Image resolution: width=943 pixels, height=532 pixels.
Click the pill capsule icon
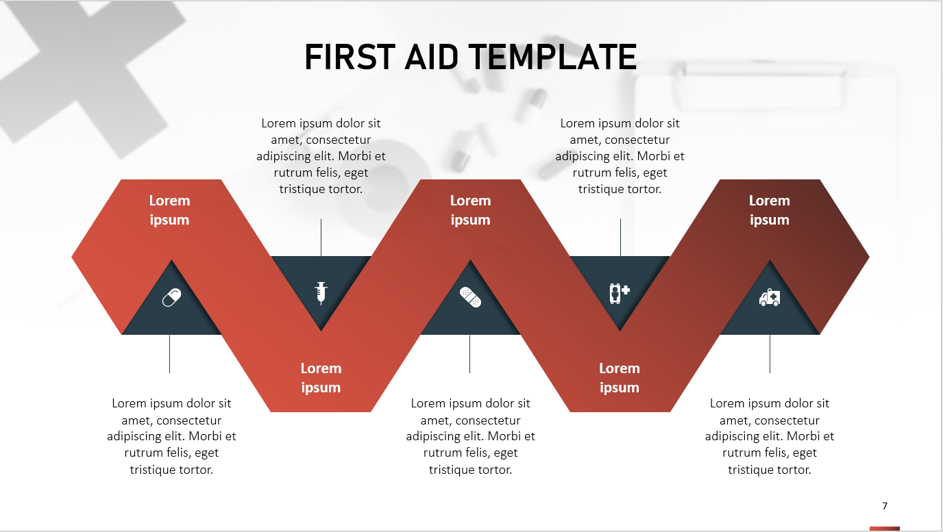coord(171,297)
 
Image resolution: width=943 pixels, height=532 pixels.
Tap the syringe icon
coord(320,292)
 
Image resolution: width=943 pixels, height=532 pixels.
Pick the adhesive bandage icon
coord(470,297)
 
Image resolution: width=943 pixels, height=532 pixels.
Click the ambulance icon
coord(770,297)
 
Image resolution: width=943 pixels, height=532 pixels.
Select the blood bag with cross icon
coord(619,292)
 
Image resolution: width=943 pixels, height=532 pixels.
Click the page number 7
coord(885,506)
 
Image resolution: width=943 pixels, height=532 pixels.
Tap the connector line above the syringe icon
coord(321,237)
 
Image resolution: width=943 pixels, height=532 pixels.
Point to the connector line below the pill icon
coord(169,353)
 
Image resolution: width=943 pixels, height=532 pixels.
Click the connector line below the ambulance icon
coord(770,353)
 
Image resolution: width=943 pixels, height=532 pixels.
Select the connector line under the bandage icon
coord(469,353)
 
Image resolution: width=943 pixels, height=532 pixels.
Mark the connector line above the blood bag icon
coord(620,237)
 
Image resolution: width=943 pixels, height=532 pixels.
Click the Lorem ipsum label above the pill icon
coord(169,210)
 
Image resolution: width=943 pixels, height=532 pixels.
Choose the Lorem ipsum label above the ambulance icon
coord(769,210)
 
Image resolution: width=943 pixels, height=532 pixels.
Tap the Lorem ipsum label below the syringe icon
coord(321,378)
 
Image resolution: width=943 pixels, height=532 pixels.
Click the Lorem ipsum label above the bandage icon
coord(470,210)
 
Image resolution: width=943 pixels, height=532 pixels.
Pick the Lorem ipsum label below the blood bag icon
coord(620,378)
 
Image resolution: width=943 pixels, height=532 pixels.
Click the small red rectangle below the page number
coord(884,528)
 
